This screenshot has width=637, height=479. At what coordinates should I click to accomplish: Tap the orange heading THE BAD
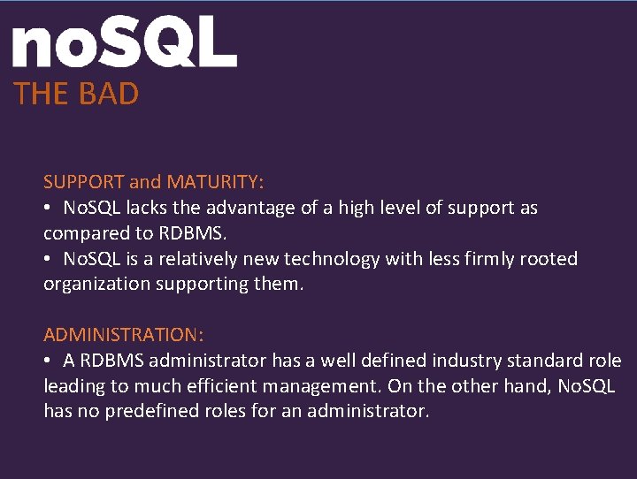[x=76, y=94]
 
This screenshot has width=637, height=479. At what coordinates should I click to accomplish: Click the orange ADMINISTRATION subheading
[x=124, y=335]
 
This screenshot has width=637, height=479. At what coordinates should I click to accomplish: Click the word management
[x=319, y=386]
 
